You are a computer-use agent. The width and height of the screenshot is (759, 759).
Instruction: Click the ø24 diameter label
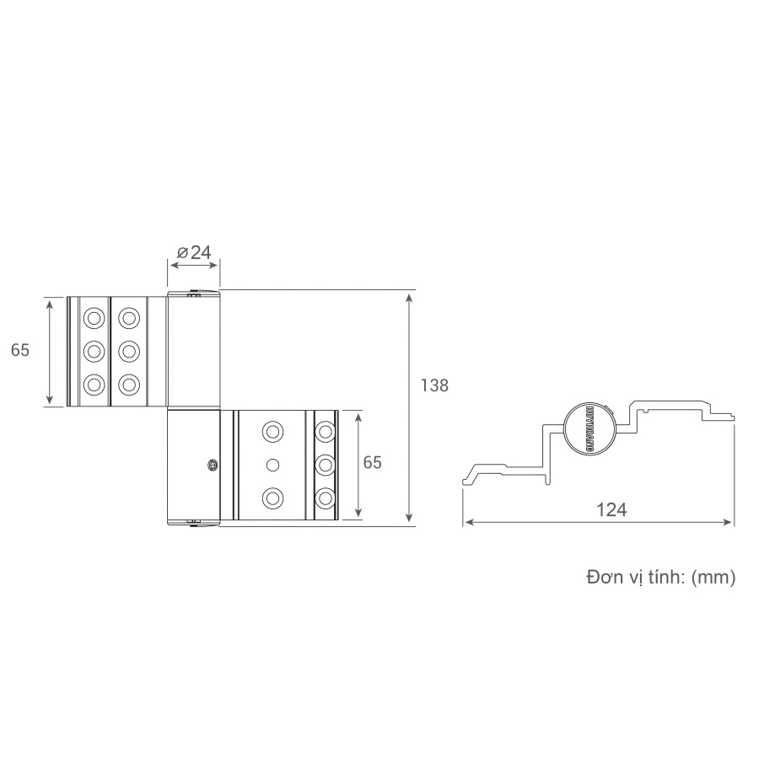tap(194, 251)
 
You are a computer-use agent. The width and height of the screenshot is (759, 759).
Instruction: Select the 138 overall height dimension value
tap(433, 385)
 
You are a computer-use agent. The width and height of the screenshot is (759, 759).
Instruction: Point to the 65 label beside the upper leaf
tap(20, 350)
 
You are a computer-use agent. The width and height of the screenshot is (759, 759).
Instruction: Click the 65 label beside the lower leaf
tap(372, 462)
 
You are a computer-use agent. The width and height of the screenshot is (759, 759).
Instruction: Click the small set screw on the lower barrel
tap(212, 464)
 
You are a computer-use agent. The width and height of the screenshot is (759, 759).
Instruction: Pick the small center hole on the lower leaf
tap(272, 465)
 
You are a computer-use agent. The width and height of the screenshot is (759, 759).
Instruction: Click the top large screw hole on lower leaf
tap(272, 432)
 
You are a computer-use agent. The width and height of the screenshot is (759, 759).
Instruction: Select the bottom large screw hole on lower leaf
tap(272, 498)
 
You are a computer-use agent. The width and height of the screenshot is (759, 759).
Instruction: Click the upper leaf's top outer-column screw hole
tap(93, 318)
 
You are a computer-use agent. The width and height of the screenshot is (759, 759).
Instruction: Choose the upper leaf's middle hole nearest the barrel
tap(128, 351)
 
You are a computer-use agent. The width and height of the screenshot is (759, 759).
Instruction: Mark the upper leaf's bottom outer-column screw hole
tap(93, 385)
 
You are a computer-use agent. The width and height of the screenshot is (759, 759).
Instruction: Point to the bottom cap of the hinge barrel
tap(194, 524)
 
